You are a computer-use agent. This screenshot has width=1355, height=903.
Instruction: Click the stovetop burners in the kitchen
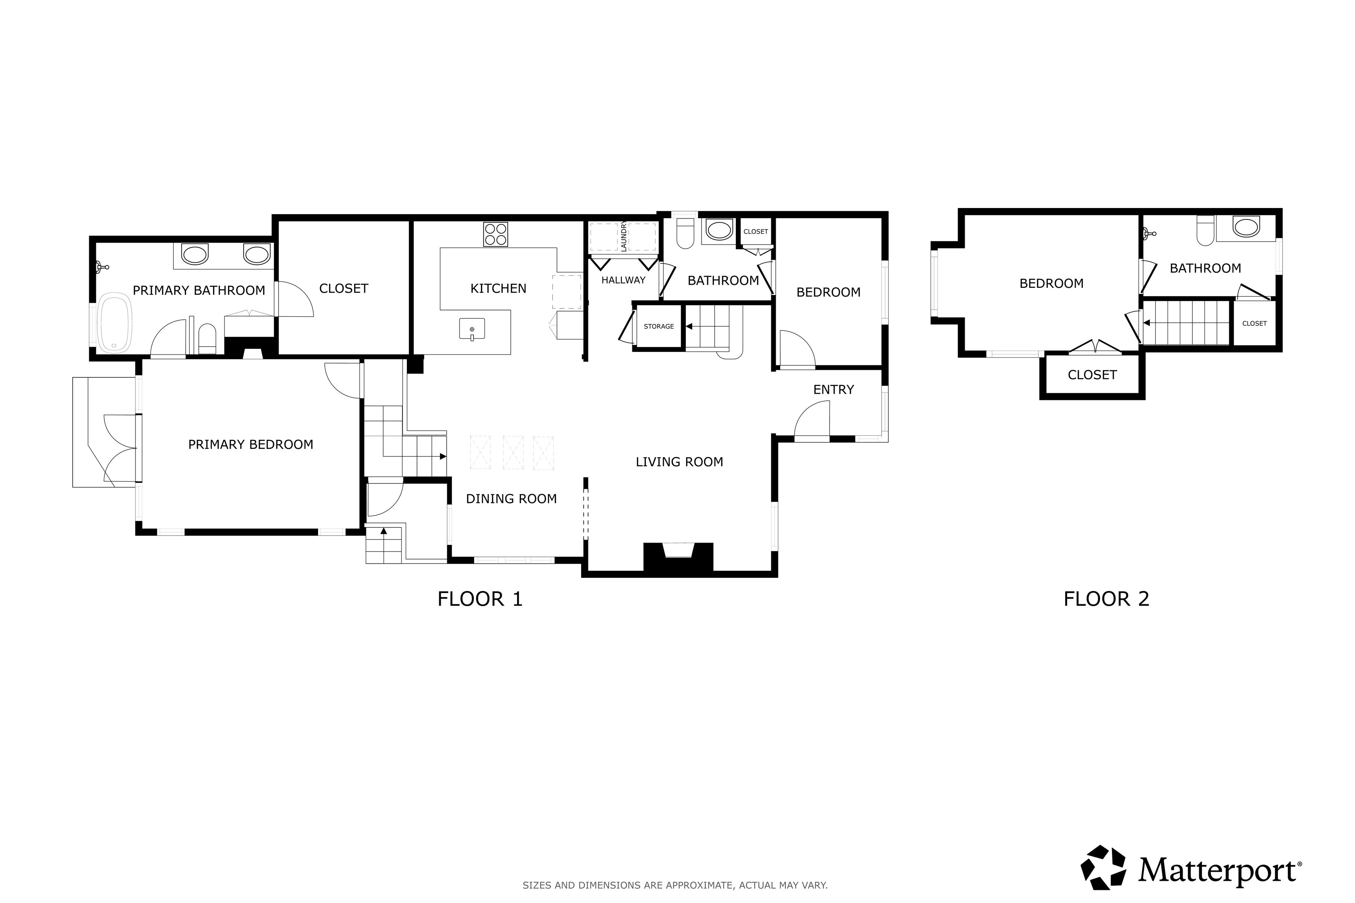coord(495,234)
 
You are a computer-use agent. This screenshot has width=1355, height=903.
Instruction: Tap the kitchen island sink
coord(472,329)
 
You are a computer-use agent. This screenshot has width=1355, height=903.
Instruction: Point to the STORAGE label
coord(658,327)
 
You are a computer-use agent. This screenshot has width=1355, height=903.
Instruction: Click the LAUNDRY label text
coord(623,236)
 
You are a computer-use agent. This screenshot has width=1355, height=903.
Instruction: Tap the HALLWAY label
coord(623,280)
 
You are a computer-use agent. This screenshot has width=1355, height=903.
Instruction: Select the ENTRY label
coord(833,390)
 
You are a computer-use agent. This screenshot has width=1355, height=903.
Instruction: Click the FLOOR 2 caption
coord(1106,599)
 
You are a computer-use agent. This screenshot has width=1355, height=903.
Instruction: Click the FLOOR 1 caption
coord(480,599)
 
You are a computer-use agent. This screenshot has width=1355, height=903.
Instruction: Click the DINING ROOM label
coord(511,499)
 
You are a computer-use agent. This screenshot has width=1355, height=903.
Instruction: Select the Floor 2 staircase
coord(1187,323)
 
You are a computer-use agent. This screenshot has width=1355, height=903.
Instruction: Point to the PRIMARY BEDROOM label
coord(251,445)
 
